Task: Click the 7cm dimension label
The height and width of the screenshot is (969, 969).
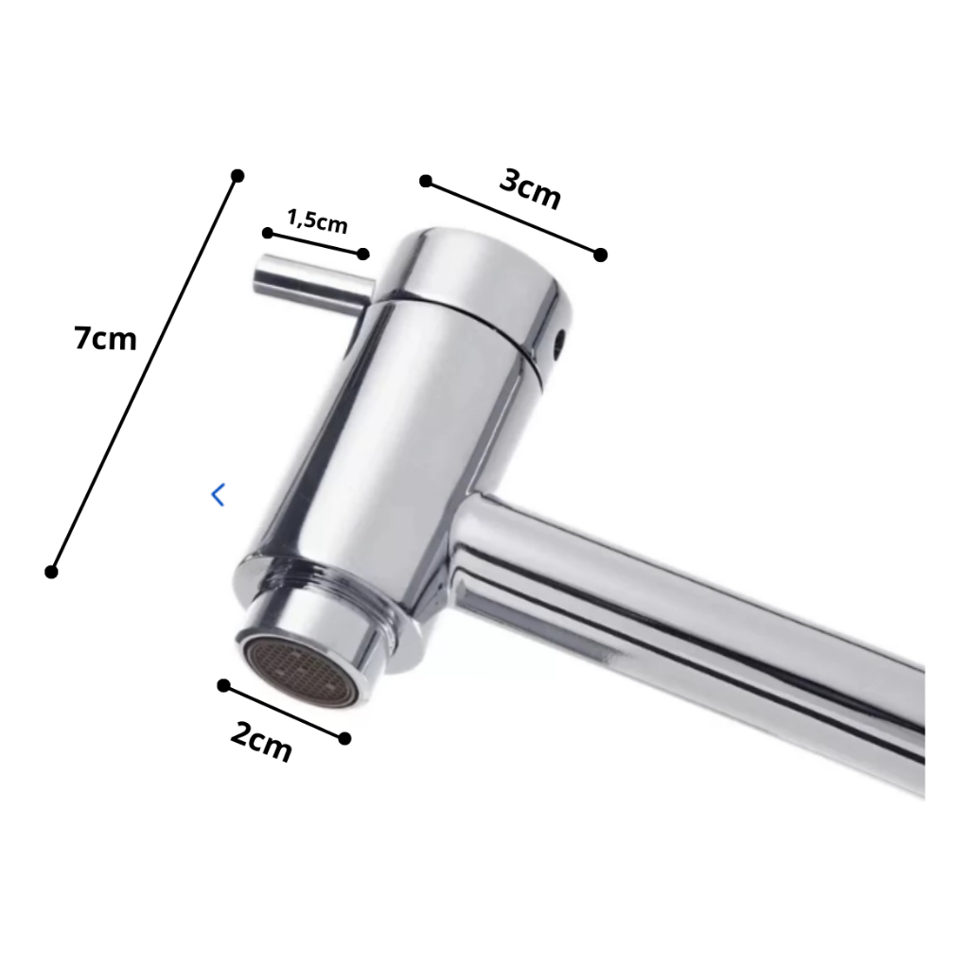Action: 105,339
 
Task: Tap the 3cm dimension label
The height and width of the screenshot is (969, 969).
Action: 530,189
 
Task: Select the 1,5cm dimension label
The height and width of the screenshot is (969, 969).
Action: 317,221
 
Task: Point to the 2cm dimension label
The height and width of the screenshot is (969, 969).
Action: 261,741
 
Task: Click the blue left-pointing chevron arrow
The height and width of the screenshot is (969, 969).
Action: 218,495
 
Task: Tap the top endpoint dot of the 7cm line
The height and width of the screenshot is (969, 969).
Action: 238,176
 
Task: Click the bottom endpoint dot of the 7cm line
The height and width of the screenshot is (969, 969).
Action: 51,572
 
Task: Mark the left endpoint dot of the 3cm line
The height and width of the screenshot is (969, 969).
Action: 426,181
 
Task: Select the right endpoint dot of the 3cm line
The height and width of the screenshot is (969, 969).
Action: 600,255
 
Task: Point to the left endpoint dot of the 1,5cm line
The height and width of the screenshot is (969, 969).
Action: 268,233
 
